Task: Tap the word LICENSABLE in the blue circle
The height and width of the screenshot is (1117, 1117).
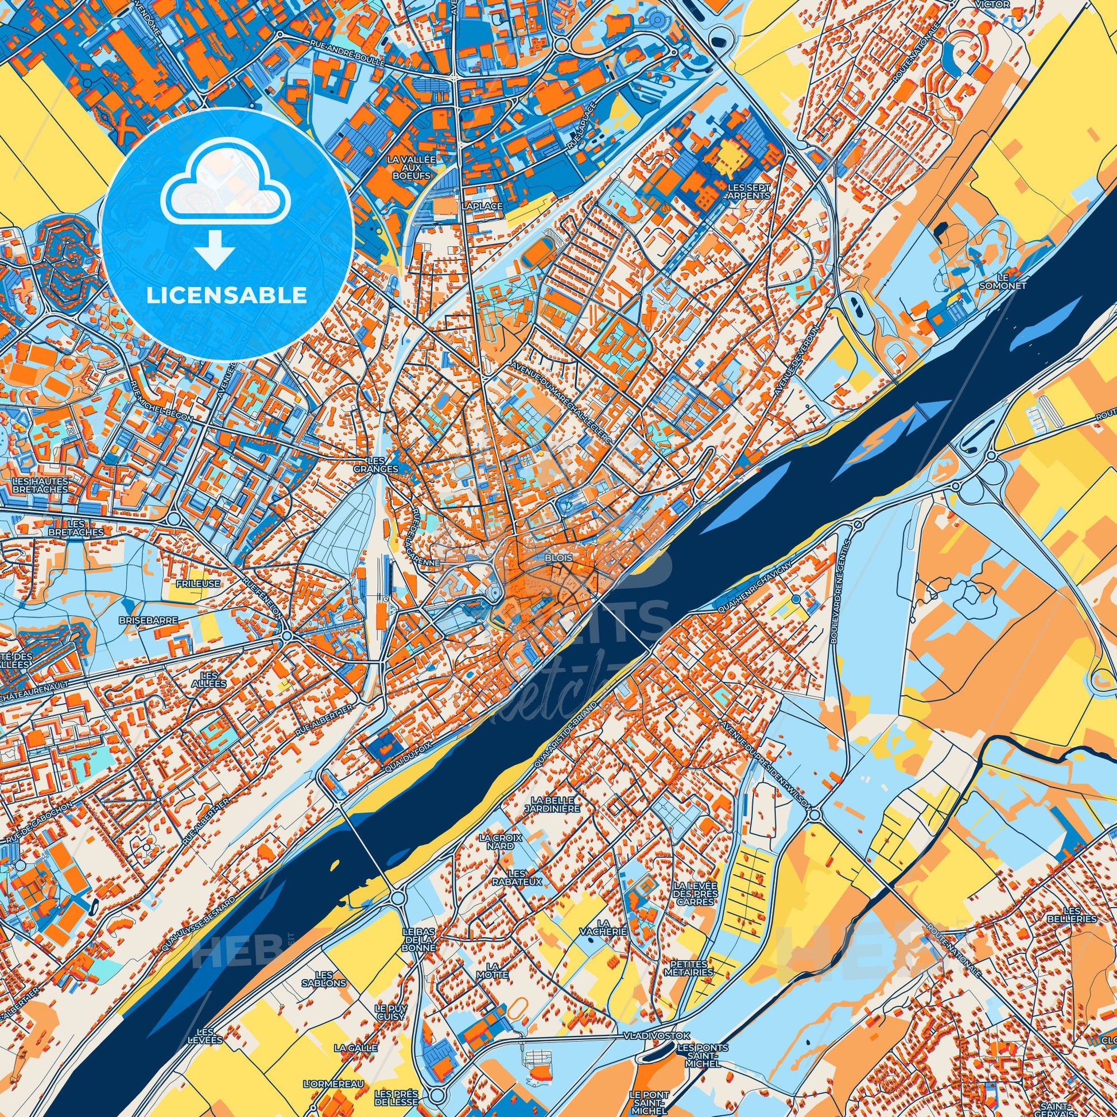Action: [227, 296]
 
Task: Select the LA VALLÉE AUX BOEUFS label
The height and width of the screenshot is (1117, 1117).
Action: [412, 166]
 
